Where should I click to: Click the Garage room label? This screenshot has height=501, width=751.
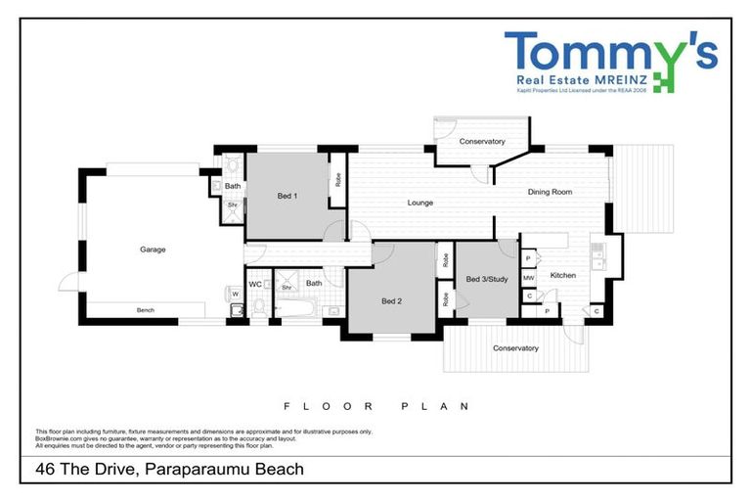[x=153, y=250]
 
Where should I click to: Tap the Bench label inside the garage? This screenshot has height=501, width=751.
[x=146, y=310]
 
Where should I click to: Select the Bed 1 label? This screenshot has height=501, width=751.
[x=287, y=197]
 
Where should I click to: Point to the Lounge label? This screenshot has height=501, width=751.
[x=420, y=203]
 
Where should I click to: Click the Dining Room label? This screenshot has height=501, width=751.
[x=550, y=192]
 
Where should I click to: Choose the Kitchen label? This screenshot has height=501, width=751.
[x=563, y=275]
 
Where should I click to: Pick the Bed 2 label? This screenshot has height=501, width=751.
[x=392, y=300]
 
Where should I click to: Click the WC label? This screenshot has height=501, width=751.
[x=254, y=284]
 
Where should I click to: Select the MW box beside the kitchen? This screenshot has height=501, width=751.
[x=528, y=278]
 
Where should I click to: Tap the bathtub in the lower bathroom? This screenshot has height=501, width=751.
[x=296, y=310]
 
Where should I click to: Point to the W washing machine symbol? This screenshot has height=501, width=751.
[x=235, y=293]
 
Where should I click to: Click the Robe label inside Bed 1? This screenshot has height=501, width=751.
[x=338, y=180]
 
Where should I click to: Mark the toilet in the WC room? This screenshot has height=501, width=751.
[x=259, y=307]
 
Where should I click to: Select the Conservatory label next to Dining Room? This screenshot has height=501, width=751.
[x=482, y=142]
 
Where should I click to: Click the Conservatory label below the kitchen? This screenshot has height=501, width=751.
[x=515, y=348]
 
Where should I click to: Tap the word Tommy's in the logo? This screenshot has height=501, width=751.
[x=610, y=51]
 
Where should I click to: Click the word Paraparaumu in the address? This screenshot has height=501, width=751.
[x=193, y=470]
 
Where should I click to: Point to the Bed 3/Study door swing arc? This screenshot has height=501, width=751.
[x=507, y=249]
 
